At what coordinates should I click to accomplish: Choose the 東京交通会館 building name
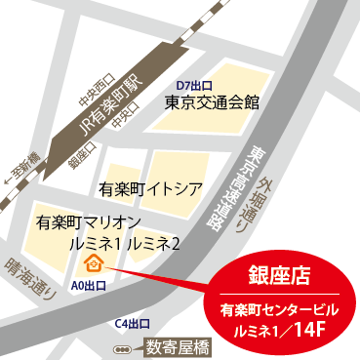click(212, 101)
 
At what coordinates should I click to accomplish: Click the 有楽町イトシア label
click(150, 186)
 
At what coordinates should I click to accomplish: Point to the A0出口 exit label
click(90, 285)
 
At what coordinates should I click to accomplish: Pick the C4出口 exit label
click(132, 324)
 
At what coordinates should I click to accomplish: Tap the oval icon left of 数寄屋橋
click(121, 346)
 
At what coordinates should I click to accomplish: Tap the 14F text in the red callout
click(322, 328)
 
